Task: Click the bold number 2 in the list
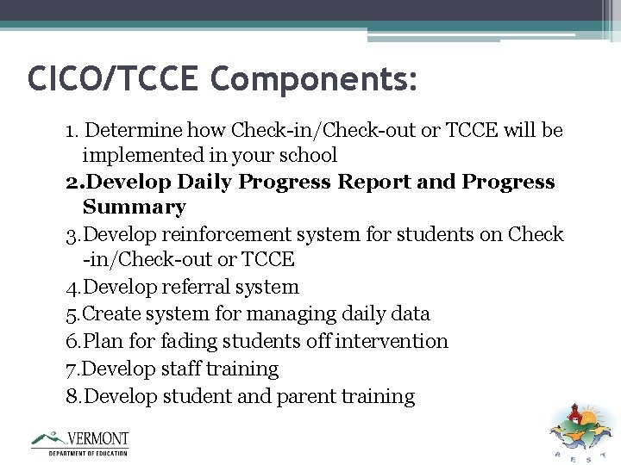(x=72, y=183)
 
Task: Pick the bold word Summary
(x=134, y=208)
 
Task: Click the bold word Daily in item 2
(x=203, y=183)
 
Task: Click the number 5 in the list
(x=72, y=314)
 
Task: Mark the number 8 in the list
(x=72, y=397)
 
